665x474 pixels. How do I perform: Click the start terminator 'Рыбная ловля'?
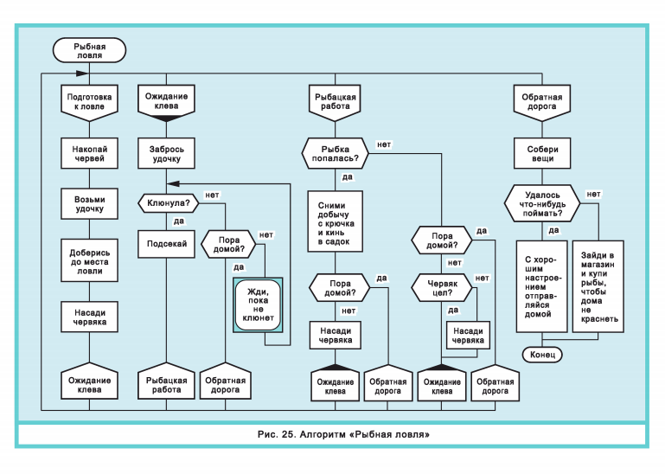pyautogui.click(x=89, y=50)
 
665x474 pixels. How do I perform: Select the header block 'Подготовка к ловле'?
pyautogui.click(x=89, y=102)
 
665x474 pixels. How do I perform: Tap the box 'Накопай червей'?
pyautogui.click(x=89, y=154)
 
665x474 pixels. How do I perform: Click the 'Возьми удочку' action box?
pyautogui.click(x=89, y=204)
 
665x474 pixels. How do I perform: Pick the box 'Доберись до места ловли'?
pyautogui.click(x=89, y=261)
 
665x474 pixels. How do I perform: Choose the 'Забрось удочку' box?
pyautogui.click(x=166, y=154)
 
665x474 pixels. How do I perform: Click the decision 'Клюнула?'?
pyautogui.click(x=169, y=203)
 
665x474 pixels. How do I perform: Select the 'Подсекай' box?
pyautogui.click(x=166, y=244)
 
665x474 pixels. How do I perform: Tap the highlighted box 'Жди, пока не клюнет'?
pyautogui.click(x=258, y=304)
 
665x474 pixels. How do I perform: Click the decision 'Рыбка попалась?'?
pyautogui.click(x=335, y=154)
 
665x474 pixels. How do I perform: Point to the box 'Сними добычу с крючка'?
pyautogui.click(x=335, y=221)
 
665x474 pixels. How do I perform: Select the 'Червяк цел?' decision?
pyautogui.click(x=442, y=288)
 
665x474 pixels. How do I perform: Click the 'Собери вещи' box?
pyautogui.click(x=542, y=154)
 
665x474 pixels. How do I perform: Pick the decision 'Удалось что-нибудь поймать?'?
pyautogui.click(x=542, y=203)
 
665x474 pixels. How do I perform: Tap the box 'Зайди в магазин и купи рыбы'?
pyautogui.click(x=598, y=286)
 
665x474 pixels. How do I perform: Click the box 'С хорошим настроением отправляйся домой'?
pyautogui.click(x=541, y=286)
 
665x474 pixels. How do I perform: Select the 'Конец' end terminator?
pyautogui.click(x=542, y=355)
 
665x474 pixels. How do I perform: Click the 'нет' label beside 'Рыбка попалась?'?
pyautogui.click(x=384, y=144)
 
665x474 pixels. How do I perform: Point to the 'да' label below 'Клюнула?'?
pyautogui.click(x=179, y=221)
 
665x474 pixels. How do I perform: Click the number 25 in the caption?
pyautogui.click(x=288, y=434)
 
